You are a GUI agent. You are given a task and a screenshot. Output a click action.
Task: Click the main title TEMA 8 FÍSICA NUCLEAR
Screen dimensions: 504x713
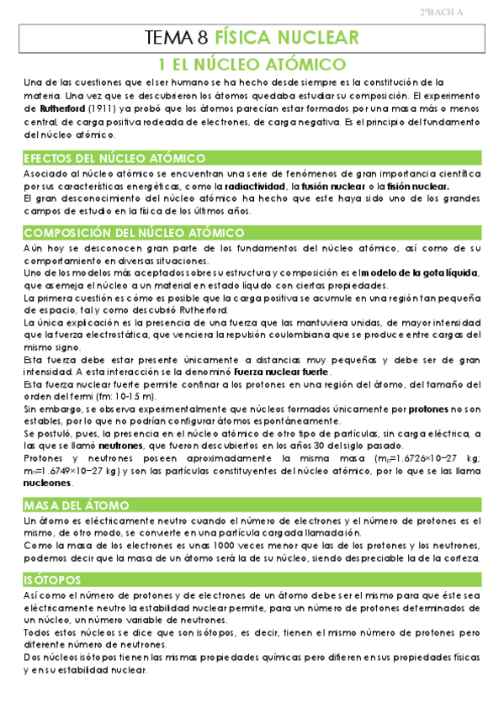(x=252, y=37)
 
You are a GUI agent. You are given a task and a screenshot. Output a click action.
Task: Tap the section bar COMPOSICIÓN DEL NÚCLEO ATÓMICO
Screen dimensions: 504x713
(x=135, y=232)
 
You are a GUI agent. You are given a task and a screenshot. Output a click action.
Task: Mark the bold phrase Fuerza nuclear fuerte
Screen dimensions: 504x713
(x=282, y=372)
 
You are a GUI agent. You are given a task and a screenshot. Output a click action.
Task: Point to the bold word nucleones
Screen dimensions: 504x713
(x=49, y=483)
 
